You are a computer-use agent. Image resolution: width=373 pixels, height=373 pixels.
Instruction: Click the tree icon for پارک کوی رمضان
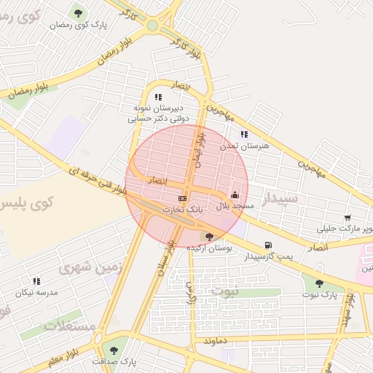coord(79,13)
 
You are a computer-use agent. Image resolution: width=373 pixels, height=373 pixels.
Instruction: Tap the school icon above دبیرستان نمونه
coord(158,97)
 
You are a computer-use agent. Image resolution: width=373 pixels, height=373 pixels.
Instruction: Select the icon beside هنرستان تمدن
coord(244,134)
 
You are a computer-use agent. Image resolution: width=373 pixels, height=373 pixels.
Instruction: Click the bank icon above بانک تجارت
coord(182,197)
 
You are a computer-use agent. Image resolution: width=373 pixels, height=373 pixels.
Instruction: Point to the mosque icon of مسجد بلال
coord(235,195)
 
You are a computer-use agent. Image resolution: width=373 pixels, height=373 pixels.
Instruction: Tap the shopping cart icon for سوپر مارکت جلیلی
coord(348,217)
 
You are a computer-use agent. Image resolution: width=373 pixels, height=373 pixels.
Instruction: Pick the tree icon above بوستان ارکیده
coord(210,236)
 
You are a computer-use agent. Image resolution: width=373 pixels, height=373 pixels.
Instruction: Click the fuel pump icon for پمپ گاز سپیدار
coord(269,245)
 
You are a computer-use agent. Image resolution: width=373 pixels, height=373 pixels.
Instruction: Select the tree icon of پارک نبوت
coord(319,283)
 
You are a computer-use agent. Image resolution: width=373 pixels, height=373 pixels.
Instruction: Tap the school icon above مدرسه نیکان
coord(36,281)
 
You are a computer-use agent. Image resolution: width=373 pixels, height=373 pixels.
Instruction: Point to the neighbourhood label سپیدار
coord(280,198)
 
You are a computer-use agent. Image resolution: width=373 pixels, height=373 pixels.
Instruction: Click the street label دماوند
coord(218,340)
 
